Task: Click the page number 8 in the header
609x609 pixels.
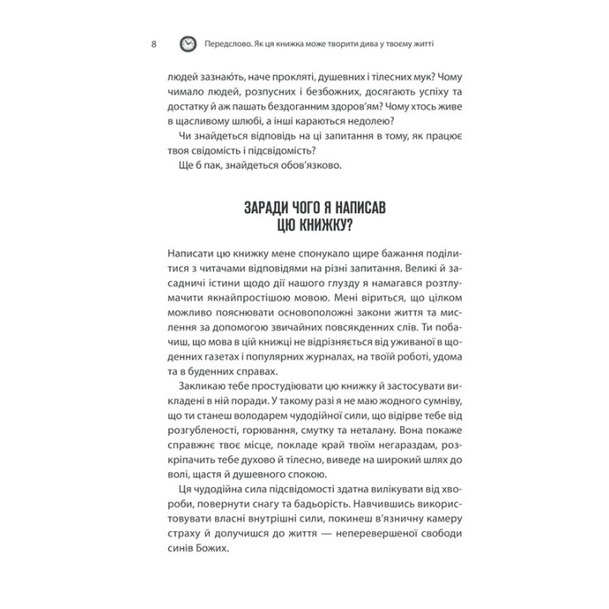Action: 152,44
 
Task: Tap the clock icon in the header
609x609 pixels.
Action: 188,44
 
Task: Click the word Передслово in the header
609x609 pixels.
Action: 233,44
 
